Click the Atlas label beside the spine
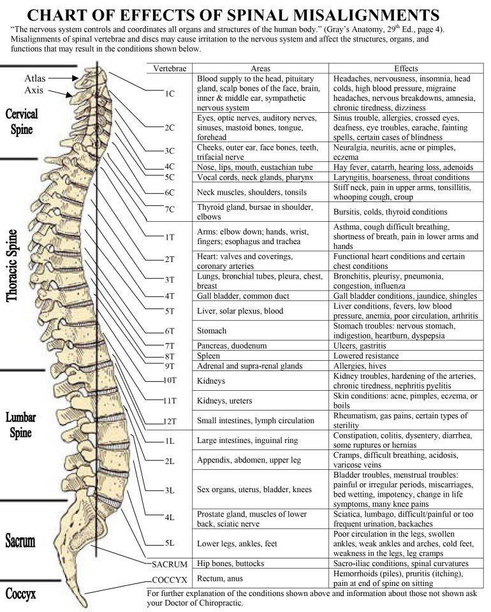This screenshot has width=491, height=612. point(35,78)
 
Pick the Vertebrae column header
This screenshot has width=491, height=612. point(169,68)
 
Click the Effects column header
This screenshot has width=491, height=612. point(406,68)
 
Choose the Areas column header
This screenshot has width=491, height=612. point(261,68)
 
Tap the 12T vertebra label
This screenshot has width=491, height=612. point(169,421)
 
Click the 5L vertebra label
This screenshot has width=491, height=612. point(169,543)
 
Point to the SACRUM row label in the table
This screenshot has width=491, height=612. point(169,564)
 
